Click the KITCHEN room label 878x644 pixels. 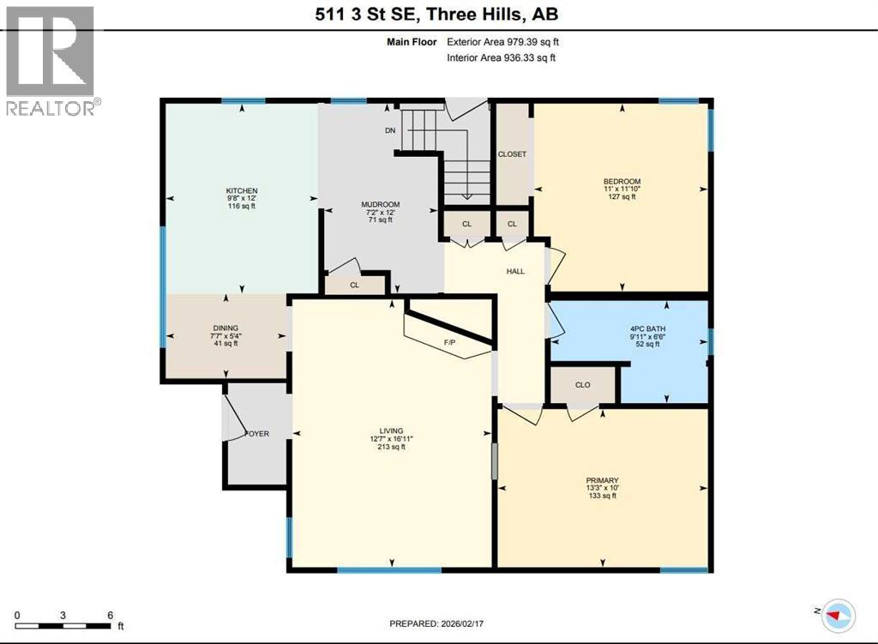click(242, 190)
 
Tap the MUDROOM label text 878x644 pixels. click(381, 204)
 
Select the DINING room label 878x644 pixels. click(226, 328)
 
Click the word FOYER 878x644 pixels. click(257, 434)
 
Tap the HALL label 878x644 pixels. click(515, 272)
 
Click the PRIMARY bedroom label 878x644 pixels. click(603, 480)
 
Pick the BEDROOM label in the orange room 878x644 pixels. click(622, 181)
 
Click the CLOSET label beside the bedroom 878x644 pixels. click(512, 154)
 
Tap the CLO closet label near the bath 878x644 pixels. click(583, 385)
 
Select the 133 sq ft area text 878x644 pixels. click(603, 497)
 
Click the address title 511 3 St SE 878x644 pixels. click(439, 15)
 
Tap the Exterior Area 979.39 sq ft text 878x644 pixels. click(505, 41)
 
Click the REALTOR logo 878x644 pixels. click(50, 60)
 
